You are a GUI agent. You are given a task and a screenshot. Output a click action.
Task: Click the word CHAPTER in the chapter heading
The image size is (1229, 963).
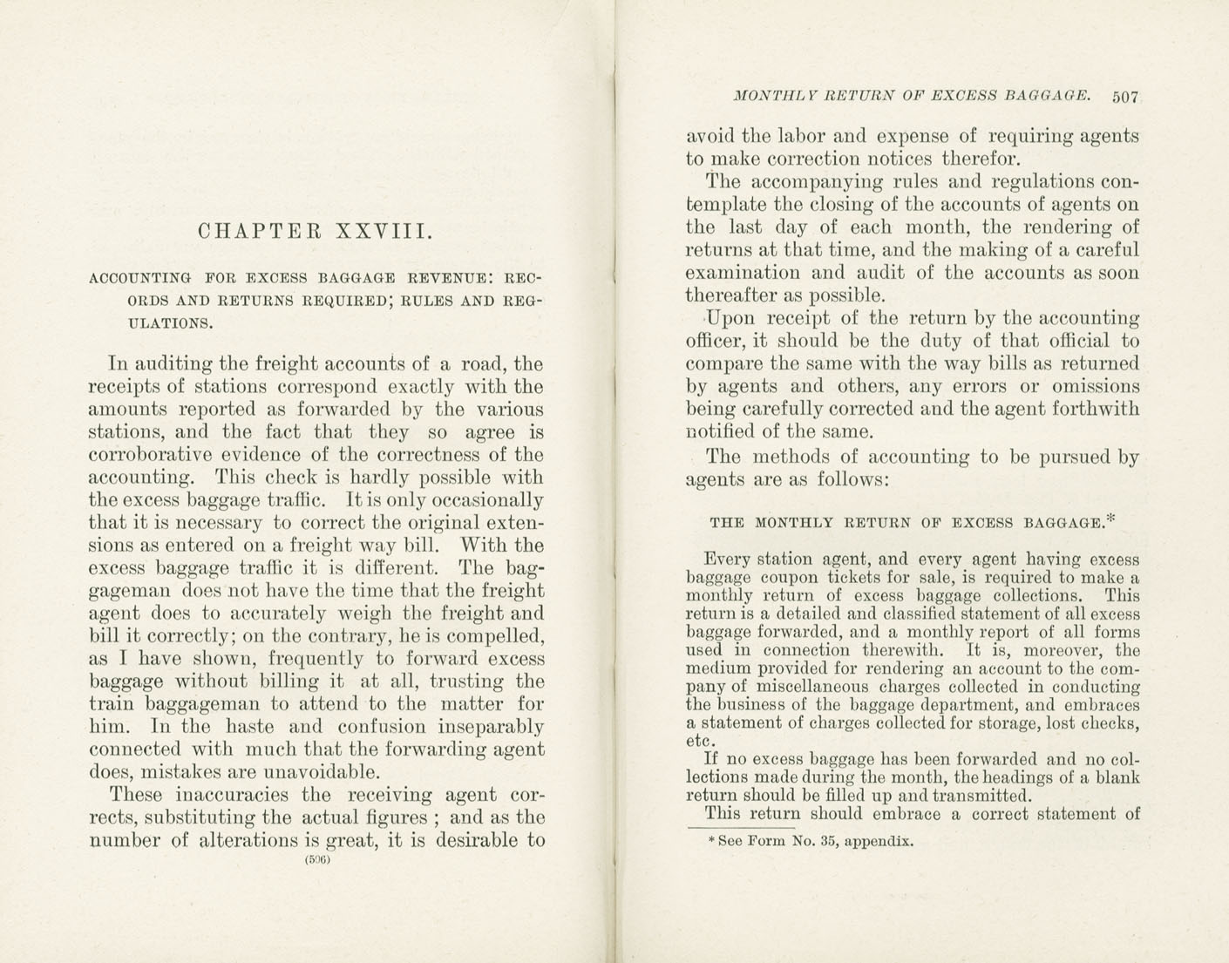[x=260, y=232]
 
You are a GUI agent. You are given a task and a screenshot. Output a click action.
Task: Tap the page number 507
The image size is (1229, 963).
[x=1125, y=97]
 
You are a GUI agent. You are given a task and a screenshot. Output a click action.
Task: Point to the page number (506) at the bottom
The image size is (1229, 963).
[x=317, y=859]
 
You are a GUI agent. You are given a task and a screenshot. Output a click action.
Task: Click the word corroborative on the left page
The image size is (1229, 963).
[x=152, y=455]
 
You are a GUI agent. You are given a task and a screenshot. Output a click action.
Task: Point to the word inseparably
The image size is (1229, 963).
[x=492, y=727]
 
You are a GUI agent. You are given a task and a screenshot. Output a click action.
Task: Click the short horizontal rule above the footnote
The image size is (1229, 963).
[x=741, y=828]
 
